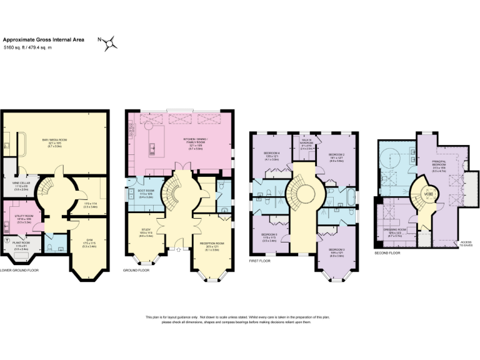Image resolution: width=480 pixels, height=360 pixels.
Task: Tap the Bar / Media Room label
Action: point(54,141)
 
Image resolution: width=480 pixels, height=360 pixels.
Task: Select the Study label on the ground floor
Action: point(145,231)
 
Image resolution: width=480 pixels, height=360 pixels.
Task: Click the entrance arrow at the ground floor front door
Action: point(179,249)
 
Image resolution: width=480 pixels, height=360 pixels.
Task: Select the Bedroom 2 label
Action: point(337,156)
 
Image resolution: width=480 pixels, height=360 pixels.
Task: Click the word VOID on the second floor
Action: point(428,193)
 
